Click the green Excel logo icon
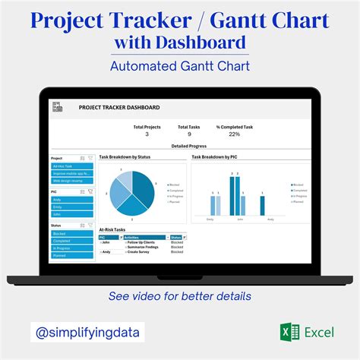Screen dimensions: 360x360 pos(286,332)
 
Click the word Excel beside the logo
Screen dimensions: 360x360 pos(319,332)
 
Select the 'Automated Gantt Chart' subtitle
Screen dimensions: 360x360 pos(180,66)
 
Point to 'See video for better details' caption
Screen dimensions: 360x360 pos(180,295)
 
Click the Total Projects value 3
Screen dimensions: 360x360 pos(147,134)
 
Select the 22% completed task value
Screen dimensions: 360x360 pos(234,134)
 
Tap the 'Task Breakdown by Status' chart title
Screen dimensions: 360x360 pos(125,156)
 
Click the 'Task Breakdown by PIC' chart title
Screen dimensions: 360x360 pos(213,156)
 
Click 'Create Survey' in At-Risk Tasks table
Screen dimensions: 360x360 pos(139,252)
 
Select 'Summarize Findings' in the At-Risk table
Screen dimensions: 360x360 pos(141,247)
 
